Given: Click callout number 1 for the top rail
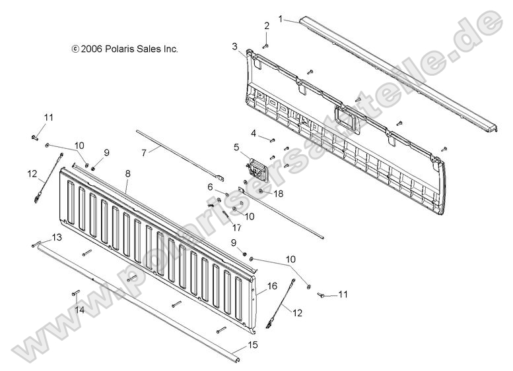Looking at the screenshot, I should [280, 19].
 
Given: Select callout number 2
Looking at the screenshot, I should [267, 26].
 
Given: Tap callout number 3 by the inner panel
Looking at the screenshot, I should [234, 46].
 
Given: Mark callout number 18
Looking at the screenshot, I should [278, 194].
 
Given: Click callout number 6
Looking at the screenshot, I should [210, 187].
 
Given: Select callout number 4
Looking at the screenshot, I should [254, 133].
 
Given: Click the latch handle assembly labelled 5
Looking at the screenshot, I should [255, 171].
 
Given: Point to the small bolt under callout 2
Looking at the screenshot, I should [265, 45].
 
